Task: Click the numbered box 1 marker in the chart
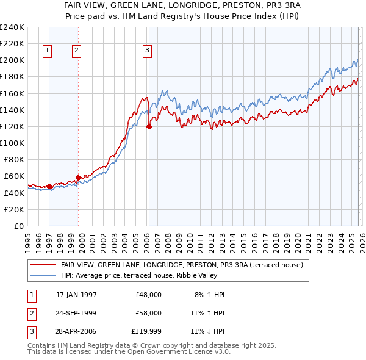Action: tap(48, 51)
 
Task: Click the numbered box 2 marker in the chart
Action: tap(76, 51)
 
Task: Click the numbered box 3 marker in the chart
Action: tap(148, 51)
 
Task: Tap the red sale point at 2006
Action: tap(149, 127)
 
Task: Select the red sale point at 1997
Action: tap(49, 186)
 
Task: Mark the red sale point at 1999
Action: tap(78, 178)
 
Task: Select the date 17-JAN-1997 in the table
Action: tap(76, 295)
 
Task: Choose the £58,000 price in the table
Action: tap(148, 312)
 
